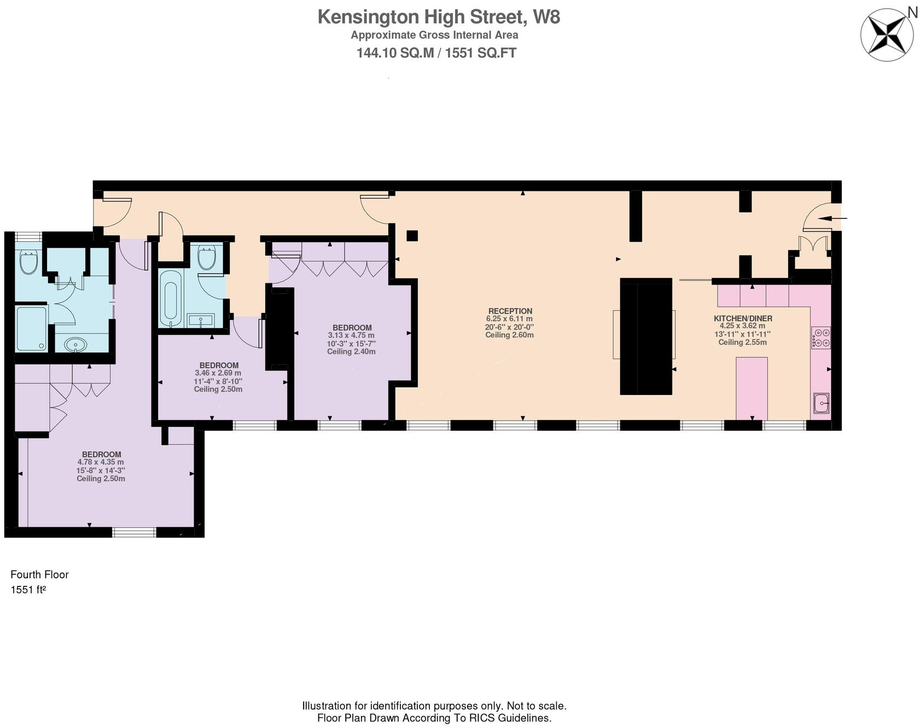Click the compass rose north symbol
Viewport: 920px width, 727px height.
(x=887, y=34)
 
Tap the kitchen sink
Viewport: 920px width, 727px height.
(x=821, y=403)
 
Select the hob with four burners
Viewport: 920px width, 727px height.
(x=820, y=338)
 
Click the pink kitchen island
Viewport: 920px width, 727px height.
(x=752, y=388)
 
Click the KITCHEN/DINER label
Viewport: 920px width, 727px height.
(x=743, y=318)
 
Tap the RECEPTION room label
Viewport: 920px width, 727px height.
(x=510, y=311)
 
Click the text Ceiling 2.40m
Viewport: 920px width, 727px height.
(x=351, y=351)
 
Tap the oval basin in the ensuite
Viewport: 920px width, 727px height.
(x=75, y=345)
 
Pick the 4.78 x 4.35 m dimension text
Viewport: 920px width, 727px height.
(x=101, y=462)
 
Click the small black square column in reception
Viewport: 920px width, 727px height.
(x=412, y=236)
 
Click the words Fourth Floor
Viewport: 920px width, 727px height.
(x=39, y=574)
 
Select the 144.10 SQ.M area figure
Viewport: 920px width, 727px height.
(x=395, y=53)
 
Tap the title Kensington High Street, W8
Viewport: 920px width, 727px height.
(x=439, y=17)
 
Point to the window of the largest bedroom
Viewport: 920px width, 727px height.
(x=134, y=532)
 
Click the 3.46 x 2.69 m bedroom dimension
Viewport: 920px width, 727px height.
(x=218, y=373)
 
